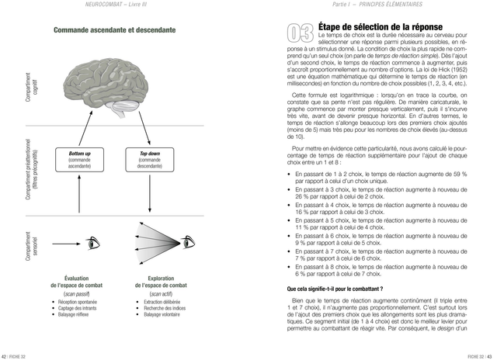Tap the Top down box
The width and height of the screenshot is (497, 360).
click(x=150, y=160)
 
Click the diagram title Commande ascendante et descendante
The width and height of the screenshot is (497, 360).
click(x=114, y=30)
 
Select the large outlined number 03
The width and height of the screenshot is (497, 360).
click(x=300, y=33)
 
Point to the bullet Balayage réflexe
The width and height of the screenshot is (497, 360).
click(x=75, y=314)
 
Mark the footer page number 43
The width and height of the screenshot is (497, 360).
click(x=491, y=355)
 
